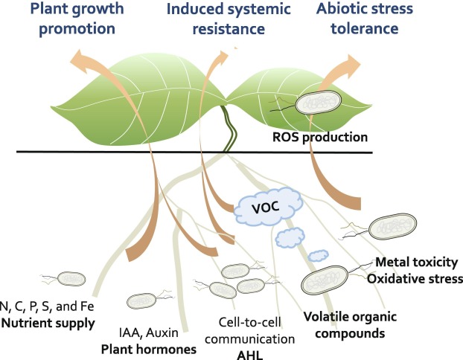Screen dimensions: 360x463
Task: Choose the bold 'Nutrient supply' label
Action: pos(48,323)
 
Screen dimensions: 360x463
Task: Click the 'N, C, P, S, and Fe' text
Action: pos(48,306)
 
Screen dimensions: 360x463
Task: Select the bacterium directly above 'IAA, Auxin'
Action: pos(141,300)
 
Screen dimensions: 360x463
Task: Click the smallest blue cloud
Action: pos(319,255)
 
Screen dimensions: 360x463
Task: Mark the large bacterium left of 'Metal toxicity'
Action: pos(323,280)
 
